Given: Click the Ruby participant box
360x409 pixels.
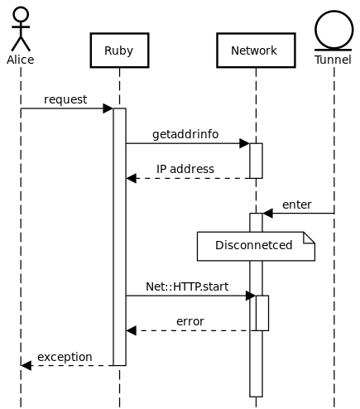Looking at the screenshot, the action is pos(119,51).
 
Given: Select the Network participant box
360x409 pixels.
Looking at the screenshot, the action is pos(256,51).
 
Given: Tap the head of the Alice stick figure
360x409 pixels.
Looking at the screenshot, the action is pos(21,14).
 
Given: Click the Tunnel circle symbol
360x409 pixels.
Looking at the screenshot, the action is pos(334,30).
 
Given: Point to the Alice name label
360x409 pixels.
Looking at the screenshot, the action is pos(21,60).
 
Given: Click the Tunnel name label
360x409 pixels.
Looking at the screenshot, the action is pos(333,60).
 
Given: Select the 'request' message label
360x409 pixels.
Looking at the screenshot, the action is pos(65,99).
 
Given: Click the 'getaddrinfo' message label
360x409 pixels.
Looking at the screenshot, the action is pos(185,134).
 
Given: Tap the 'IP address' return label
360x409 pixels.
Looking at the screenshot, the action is pos(185,169).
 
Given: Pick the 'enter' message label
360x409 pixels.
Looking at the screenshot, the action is pos(297,204).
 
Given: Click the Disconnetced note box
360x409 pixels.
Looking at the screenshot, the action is pos(256,246).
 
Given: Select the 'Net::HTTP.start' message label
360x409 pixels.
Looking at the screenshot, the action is pos(187,286).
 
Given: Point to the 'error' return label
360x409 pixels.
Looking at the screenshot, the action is pos(190,321).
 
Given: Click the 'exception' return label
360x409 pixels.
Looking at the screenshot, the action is pos(65,357).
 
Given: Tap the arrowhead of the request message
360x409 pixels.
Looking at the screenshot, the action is pos(108,108).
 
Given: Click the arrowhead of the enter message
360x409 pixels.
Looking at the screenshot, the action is pos(267,213).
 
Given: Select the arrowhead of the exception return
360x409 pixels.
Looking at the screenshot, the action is pos(26,365).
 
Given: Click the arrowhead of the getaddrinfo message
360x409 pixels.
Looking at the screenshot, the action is pos(244,143).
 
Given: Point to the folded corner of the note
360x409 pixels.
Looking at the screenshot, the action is pos(310,238).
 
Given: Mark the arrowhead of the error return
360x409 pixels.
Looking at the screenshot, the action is pos(132,330).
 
